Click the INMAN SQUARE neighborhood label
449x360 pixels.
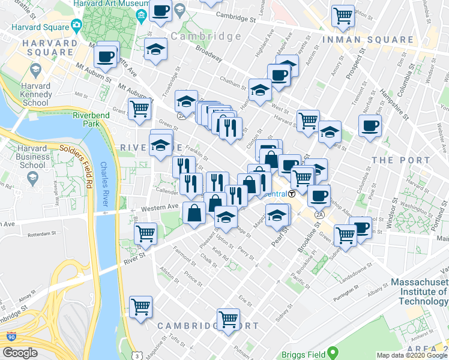pyautogui.click(x=368, y=40)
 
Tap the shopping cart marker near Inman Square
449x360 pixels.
pyautogui.click(x=343, y=17)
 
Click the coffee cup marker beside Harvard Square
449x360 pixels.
pyautogui.click(x=106, y=58)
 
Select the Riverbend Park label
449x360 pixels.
pyautogui.click(x=89, y=119)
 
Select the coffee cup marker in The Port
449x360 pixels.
pyautogui.click(x=369, y=127)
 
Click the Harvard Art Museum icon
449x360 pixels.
pyautogui.click(x=141, y=15)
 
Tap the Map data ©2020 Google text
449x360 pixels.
pyautogui.click(x=412, y=355)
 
